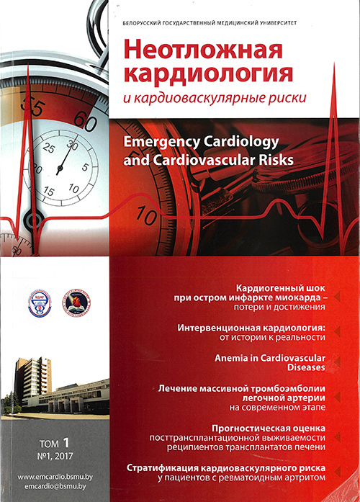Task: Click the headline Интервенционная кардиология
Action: (251, 328)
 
